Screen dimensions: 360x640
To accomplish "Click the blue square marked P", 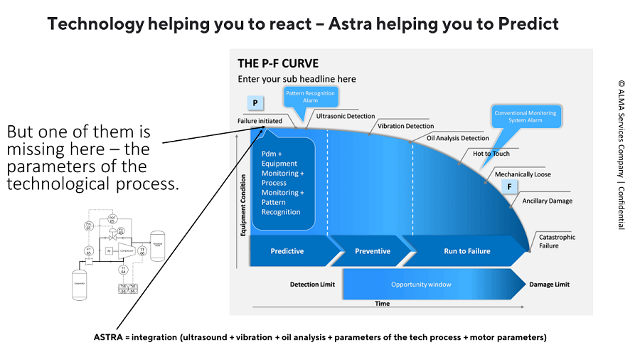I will (x=254, y=103).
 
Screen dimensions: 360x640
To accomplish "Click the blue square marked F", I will (x=509, y=187).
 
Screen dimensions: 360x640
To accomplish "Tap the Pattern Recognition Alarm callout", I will (x=310, y=97).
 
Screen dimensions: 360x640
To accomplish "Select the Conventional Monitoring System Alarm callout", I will (x=526, y=117).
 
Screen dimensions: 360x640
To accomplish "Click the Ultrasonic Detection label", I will (x=346, y=116).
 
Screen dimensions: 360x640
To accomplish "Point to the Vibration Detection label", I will (x=405, y=126).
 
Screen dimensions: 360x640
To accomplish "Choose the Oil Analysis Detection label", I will (x=457, y=138).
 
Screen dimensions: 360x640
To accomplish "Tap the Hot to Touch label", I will (x=491, y=154).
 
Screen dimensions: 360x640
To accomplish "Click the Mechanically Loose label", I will (x=523, y=174).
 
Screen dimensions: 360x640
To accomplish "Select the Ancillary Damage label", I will (x=547, y=201).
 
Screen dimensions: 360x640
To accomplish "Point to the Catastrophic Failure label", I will (x=557, y=241).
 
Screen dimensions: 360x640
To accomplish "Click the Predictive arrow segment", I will (x=287, y=251).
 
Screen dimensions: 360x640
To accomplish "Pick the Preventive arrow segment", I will (x=372, y=251).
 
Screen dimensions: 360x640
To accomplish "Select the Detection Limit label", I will (x=312, y=285).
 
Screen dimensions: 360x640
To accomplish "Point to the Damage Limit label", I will (x=549, y=285).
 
